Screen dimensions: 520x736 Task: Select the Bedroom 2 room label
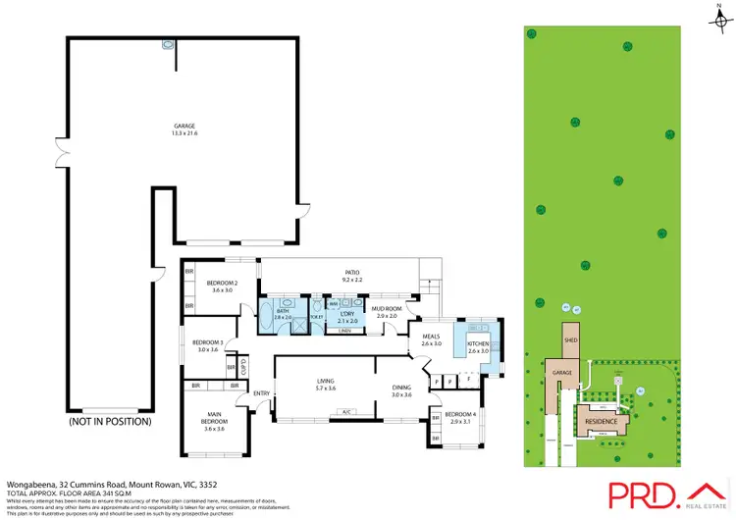pos(220,286)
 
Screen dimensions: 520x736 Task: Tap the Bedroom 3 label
pos(207,345)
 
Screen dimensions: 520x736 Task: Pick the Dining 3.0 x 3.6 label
pos(400,390)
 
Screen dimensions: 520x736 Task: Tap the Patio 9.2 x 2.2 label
pos(352,277)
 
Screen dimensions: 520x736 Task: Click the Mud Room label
pos(386,312)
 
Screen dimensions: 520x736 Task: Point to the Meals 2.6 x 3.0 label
pos(432,340)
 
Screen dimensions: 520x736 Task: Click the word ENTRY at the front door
pos(261,394)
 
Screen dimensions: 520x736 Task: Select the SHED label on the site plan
pos(570,339)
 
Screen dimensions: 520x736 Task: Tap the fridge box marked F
pos(470,378)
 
